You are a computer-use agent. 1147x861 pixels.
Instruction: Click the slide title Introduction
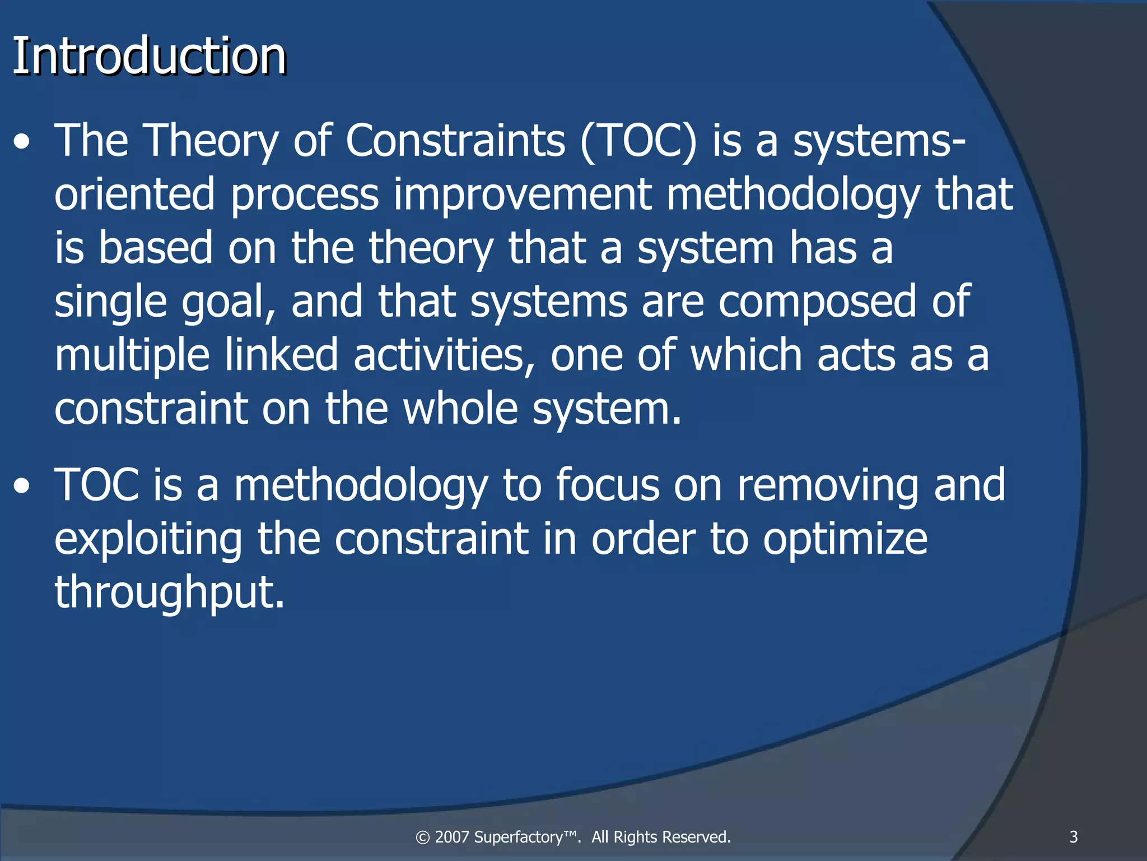(x=149, y=56)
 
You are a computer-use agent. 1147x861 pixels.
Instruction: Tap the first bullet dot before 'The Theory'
(x=22, y=142)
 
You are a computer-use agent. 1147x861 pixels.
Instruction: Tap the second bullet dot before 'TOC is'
(x=22, y=487)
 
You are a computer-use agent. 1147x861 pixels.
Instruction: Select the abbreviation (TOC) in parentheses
(x=638, y=141)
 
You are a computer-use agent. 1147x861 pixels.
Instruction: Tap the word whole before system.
(x=460, y=409)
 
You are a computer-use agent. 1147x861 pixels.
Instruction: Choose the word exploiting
(x=148, y=539)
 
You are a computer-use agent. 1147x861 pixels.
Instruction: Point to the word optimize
(x=845, y=539)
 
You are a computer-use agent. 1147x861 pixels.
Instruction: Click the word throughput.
(x=169, y=593)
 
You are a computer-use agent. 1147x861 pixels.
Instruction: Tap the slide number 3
(x=1074, y=837)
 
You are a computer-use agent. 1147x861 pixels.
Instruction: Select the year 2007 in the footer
(x=452, y=837)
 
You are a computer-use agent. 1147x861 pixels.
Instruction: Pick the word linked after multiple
(x=281, y=355)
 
